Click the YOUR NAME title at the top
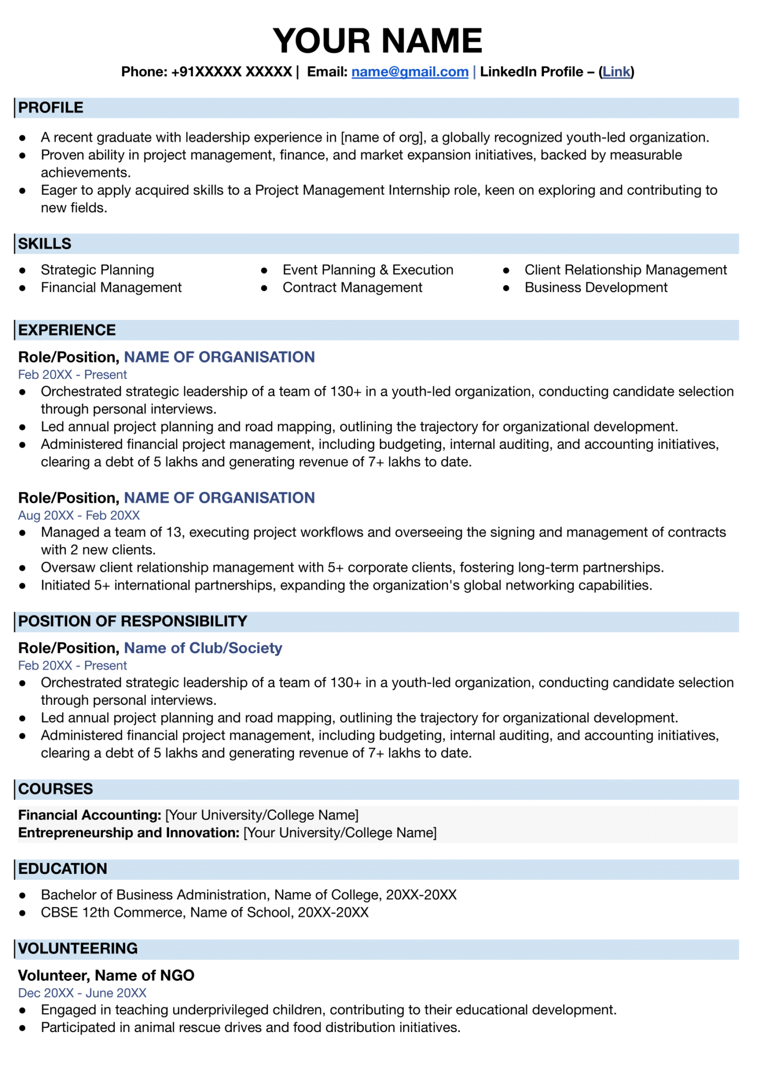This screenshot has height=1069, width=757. [x=377, y=41]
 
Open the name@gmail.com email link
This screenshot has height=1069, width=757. [x=410, y=72]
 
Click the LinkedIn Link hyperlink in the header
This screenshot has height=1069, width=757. [x=616, y=72]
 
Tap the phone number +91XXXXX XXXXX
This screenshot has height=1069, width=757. [x=231, y=72]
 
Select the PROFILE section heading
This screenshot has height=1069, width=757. [x=51, y=108]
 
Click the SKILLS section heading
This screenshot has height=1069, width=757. [x=45, y=244]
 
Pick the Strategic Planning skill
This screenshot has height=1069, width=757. [x=98, y=270]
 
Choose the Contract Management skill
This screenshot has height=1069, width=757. [x=352, y=288]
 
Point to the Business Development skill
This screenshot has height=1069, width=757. [x=596, y=288]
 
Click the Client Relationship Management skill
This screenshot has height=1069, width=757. [x=625, y=270]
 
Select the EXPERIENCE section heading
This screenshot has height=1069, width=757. [x=67, y=330]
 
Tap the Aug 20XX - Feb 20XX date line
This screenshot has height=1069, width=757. [x=79, y=516]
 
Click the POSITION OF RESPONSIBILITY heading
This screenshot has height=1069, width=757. [x=133, y=621]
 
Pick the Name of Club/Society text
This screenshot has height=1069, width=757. [x=203, y=648]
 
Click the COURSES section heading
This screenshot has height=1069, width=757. [x=55, y=789]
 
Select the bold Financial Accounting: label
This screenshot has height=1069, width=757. [x=90, y=815]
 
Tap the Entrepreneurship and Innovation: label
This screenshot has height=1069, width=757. [x=129, y=833]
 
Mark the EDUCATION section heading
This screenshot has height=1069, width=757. [x=63, y=869]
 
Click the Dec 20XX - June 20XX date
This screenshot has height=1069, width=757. [x=82, y=993]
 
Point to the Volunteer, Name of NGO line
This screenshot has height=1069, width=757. [x=107, y=976]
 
